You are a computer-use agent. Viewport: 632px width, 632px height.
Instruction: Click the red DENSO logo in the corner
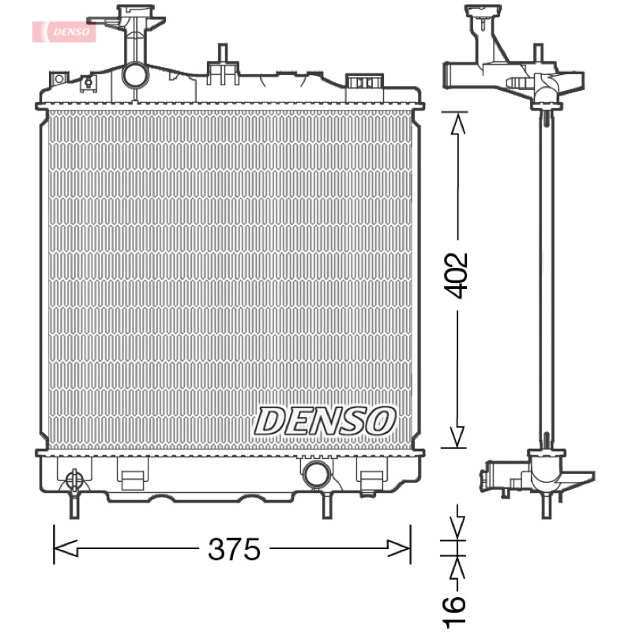coord(64,32)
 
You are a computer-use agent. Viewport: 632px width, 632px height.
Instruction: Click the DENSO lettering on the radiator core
coord(325,421)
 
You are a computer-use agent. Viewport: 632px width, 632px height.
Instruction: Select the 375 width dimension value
coord(234,549)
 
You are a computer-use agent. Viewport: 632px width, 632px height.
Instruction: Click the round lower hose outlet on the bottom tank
coord(317,473)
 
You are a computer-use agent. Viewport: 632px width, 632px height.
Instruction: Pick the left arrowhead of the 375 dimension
coord(65,548)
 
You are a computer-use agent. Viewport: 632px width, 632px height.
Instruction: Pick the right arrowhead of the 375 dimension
coord(399,548)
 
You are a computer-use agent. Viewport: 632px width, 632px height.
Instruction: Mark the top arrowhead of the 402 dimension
coord(457,123)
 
